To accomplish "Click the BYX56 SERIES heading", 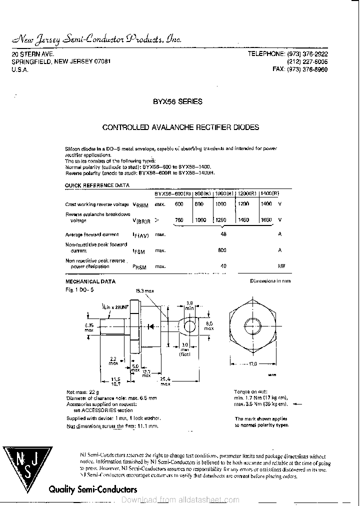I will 177,101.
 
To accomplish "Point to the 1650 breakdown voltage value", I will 266,220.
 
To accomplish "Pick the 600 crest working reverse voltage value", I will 179,204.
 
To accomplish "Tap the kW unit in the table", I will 281,266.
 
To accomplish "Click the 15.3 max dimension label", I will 145,290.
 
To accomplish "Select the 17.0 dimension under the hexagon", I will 252,364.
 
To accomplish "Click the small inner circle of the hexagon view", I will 252,320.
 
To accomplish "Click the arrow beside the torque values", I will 296,403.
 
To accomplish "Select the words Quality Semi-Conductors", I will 92,490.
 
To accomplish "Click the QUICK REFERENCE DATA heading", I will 97,185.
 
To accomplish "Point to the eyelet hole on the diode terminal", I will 189,327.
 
